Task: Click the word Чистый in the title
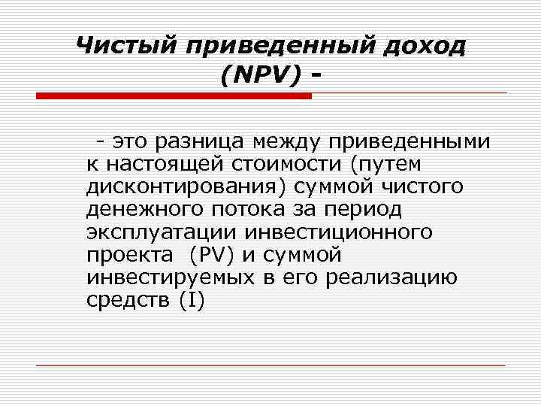click(125, 46)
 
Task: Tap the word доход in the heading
click(424, 46)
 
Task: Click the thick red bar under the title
click(174, 95)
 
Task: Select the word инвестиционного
click(346, 232)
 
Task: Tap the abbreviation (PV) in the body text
click(215, 254)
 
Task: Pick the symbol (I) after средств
click(192, 299)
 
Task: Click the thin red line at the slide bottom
click(270, 365)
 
